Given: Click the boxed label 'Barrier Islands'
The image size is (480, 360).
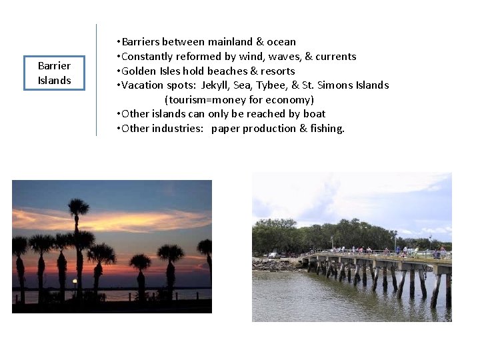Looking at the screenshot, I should (54, 73).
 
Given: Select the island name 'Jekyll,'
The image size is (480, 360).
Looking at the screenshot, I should (221, 85).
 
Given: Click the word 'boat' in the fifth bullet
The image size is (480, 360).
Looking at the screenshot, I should (314, 114).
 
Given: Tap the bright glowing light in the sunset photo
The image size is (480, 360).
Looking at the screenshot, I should (75, 281).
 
